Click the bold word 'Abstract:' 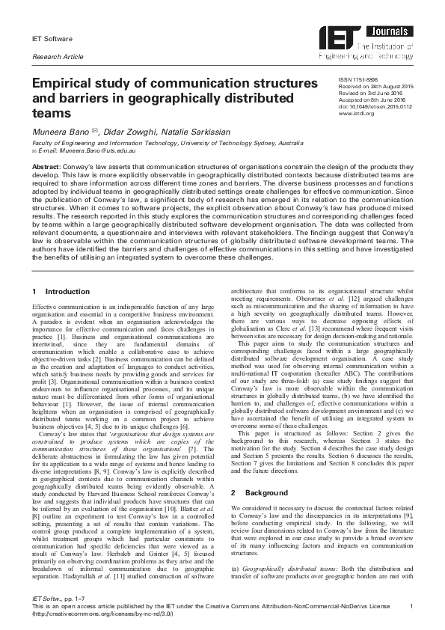tap(47, 167)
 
